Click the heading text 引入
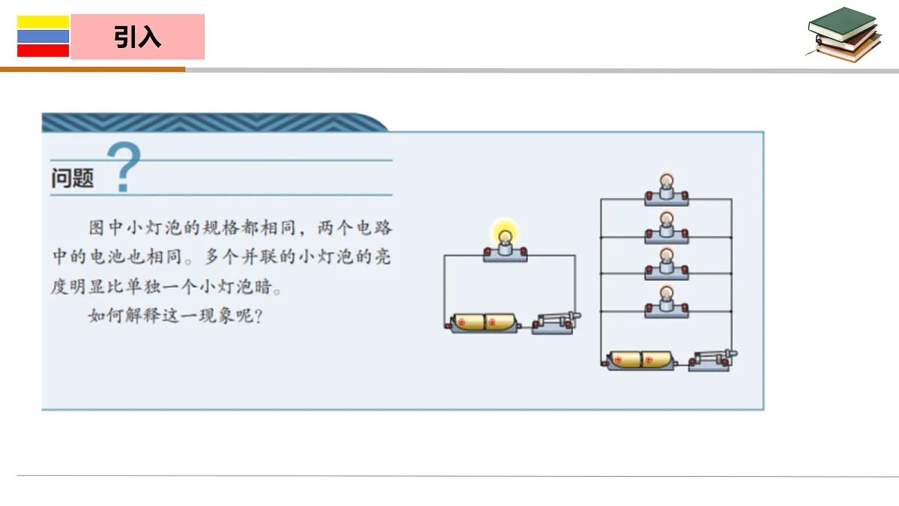[x=137, y=37]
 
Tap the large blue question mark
[x=124, y=166]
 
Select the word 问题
[x=72, y=178]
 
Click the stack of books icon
[x=844, y=34]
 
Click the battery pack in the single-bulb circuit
[x=483, y=323]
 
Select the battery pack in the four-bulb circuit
[x=640, y=361]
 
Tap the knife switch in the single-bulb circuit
[x=556, y=324]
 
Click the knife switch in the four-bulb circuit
[x=712, y=361]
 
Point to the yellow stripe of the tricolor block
[x=43, y=22]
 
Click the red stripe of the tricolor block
[x=43, y=50]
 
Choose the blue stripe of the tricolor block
[x=43, y=37]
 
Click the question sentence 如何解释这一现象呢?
[x=176, y=316]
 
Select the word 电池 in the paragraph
[x=108, y=256]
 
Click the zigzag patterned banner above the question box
[x=215, y=122]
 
